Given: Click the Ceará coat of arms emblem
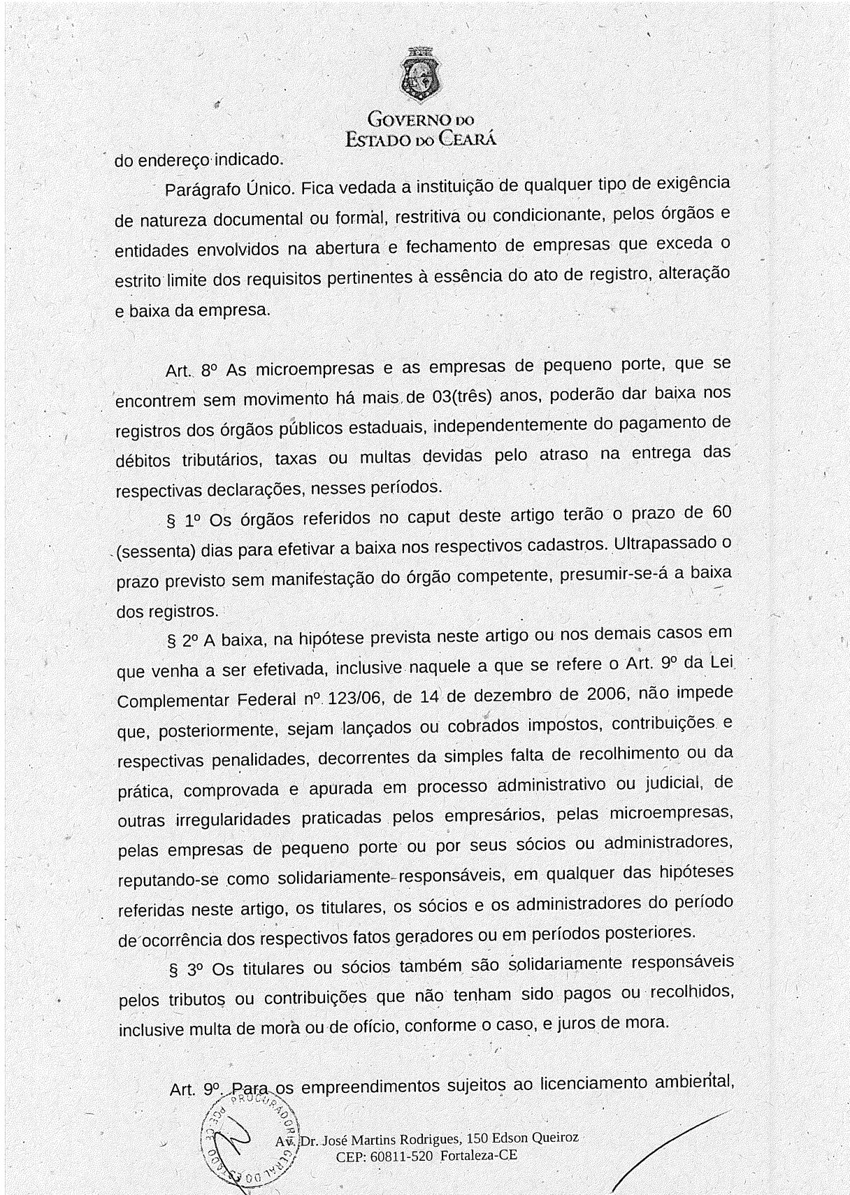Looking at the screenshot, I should point(420,75).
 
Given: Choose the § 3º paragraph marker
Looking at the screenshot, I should point(185,971).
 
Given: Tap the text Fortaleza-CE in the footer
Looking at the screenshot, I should point(479,1155).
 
